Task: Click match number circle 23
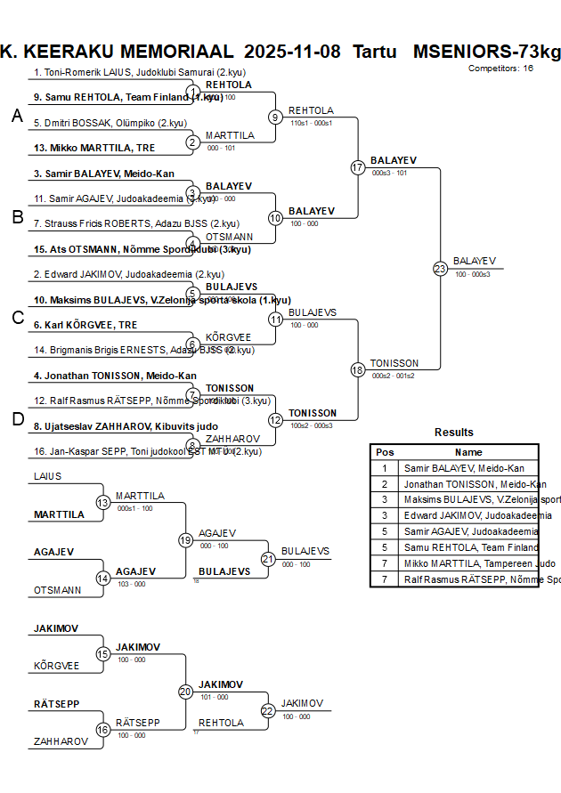440,268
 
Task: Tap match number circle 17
358,167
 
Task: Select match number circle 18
358,369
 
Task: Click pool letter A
16,116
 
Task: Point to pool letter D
16,419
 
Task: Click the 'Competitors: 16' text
500,68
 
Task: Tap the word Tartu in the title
375,51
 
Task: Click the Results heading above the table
454,433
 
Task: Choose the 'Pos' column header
385,452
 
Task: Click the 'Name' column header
468,452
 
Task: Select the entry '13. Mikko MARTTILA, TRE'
93,148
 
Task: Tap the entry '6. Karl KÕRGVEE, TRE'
85,325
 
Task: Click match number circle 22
268,710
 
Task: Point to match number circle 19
185,540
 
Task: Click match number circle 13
103,503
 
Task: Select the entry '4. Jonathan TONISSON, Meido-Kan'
115,376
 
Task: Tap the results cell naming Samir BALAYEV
464,468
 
